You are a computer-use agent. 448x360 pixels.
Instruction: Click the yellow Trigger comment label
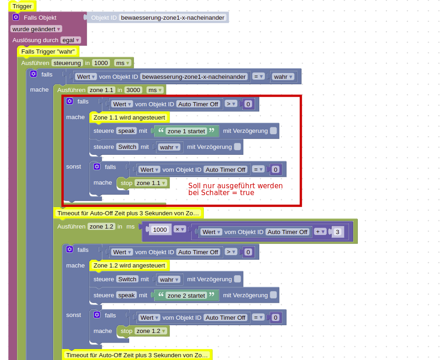click(x=22, y=6)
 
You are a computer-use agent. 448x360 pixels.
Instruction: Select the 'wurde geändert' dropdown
click(x=36, y=29)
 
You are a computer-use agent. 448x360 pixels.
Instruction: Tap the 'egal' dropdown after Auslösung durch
click(x=71, y=40)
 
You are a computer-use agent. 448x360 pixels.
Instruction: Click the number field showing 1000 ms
click(x=100, y=63)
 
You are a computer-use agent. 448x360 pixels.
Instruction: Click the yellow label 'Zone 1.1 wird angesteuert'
click(x=129, y=118)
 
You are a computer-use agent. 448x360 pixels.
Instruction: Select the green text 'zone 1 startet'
click(x=186, y=131)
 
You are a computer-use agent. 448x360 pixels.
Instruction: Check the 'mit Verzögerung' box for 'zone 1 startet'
click(x=273, y=131)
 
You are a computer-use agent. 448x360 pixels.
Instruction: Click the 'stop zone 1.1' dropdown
click(x=151, y=183)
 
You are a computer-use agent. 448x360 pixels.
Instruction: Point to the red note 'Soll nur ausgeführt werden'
click(x=235, y=186)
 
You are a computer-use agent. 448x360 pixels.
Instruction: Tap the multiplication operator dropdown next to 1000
click(x=180, y=229)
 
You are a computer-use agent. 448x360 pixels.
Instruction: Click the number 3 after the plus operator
click(x=337, y=232)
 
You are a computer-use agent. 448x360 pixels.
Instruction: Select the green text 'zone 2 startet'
click(x=186, y=295)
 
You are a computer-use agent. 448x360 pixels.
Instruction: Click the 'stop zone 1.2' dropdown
click(x=151, y=331)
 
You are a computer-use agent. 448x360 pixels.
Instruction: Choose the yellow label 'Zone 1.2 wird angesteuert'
click(x=129, y=266)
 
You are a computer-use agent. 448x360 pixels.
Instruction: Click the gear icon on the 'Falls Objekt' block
click(x=16, y=17)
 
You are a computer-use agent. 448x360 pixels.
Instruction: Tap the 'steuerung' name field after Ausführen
click(x=67, y=63)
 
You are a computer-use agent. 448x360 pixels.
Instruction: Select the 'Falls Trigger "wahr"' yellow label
click(x=48, y=51)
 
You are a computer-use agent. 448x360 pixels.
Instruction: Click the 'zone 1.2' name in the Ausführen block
click(x=102, y=227)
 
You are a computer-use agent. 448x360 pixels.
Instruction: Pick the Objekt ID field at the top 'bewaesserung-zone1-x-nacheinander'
click(x=173, y=17)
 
